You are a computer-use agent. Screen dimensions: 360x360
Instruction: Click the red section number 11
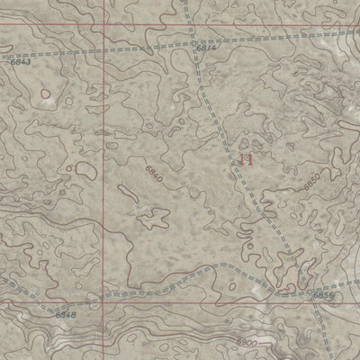247,160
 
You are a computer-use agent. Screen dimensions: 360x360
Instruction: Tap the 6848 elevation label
66,315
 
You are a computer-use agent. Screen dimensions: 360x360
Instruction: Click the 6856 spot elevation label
322,295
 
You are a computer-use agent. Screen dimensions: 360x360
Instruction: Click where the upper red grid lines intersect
104,25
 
